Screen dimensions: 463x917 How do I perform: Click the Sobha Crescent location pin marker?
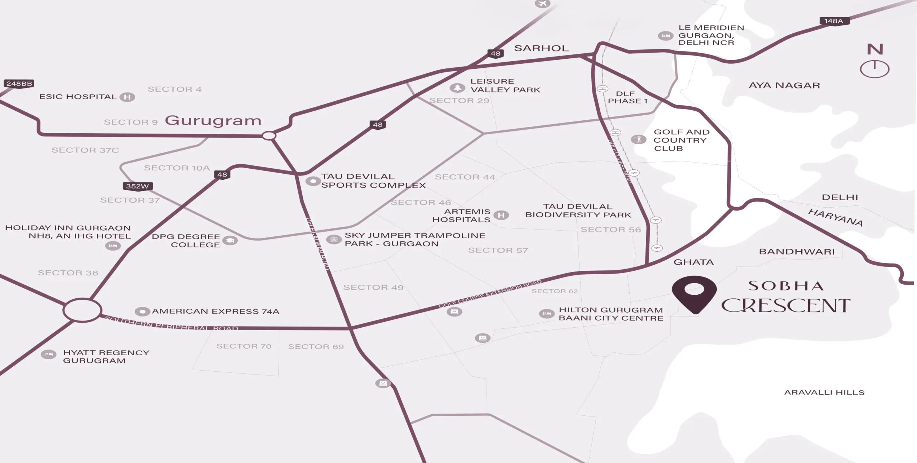(694, 294)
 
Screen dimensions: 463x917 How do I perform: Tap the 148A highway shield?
(834, 21)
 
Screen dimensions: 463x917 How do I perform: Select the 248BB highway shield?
(19, 84)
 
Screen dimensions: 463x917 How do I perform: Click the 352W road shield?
(138, 186)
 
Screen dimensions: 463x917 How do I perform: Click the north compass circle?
(874, 69)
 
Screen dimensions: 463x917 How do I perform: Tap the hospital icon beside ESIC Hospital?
(127, 97)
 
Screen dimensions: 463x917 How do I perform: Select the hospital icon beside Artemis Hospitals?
(501, 215)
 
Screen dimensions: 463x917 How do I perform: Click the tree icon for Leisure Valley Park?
(457, 87)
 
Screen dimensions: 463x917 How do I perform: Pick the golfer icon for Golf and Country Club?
(638, 139)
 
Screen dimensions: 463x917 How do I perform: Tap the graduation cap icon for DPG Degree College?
(230, 240)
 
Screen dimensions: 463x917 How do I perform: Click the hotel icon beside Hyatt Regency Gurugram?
(48, 355)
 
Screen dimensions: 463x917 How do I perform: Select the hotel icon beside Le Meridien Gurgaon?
(666, 36)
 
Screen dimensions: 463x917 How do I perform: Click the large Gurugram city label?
(213, 121)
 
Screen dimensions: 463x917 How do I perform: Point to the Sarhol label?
(541, 48)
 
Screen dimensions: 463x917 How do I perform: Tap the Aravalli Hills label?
(824, 392)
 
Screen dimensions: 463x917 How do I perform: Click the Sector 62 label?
(554, 291)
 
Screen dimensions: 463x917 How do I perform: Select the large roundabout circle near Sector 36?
(82, 310)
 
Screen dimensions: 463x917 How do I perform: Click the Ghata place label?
(693, 262)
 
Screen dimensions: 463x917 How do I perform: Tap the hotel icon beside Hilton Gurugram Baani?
(547, 314)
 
